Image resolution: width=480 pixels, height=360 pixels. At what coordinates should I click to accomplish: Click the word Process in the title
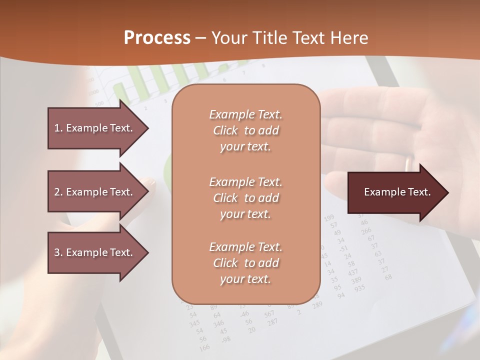(157, 38)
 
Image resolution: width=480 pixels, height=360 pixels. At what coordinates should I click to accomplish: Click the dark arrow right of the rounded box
(397, 192)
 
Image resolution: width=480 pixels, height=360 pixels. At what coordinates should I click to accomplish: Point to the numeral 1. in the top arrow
(58, 128)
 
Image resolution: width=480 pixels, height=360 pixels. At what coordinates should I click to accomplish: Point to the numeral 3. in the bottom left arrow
(58, 252)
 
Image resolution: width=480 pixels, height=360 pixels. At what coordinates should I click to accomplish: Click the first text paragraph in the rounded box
(245, 130)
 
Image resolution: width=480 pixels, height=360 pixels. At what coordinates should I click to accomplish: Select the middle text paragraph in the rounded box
(245, 197)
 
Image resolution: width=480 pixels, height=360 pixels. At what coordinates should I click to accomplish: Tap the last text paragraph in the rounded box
(245, 263)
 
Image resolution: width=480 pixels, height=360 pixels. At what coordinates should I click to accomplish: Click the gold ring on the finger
(409, 163)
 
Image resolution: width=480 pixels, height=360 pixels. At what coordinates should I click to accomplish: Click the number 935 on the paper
(359, 288)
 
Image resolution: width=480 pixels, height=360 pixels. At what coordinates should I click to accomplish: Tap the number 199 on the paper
(329, 217)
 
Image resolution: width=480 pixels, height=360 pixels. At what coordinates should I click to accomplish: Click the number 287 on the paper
(272, 321)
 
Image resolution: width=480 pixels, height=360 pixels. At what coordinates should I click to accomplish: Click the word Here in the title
(351, 38)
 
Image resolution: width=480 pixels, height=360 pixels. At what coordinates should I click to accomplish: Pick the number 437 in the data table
(352, 272)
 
